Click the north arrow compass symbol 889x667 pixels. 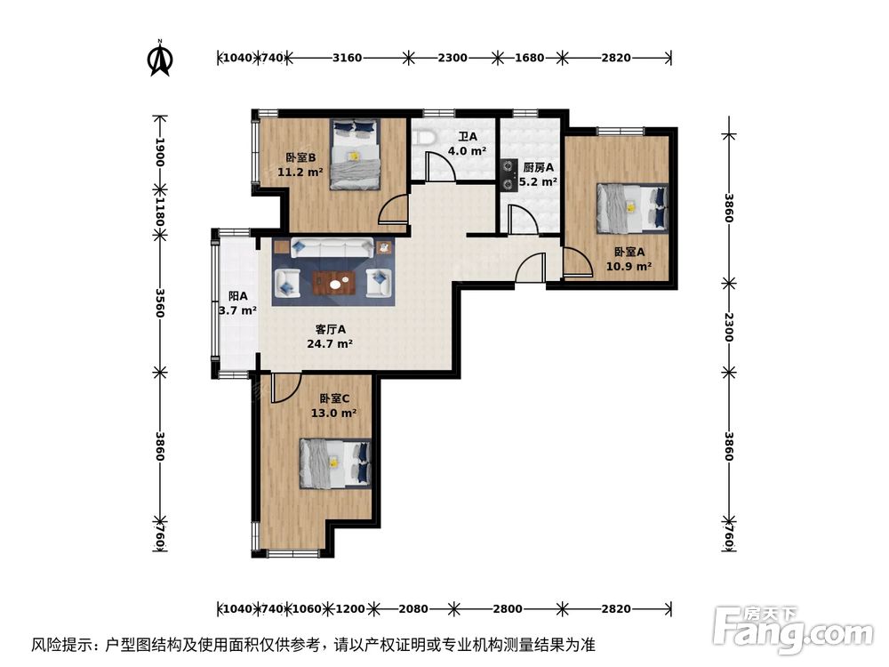[x=160, y=59]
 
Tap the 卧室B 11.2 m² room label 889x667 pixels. [x=300, y=165]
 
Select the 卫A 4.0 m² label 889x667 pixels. [x=468, y=144]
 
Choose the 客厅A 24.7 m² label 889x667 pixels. [x=329, y=336]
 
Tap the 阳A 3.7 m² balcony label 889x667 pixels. [x=237, y=303]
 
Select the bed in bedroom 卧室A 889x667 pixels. [x=631, y=207]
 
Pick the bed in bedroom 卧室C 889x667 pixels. [x=333, y=463]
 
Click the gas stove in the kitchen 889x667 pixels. [x=509, y=174]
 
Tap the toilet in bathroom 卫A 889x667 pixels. [x=424, y=138]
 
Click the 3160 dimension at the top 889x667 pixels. [x=347, y=58]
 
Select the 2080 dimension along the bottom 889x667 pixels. [x=413, y=609]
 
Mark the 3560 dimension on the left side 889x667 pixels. [x=160, y=302]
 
